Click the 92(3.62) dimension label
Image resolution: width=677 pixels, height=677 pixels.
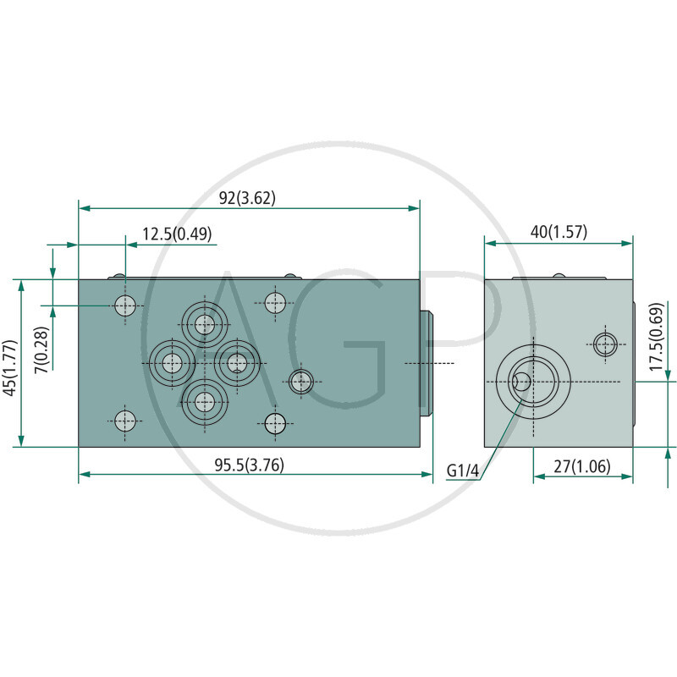247,198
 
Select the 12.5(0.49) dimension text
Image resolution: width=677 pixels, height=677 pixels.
177,234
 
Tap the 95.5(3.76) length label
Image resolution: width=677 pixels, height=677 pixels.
249,465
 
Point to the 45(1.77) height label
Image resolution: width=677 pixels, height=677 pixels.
10,367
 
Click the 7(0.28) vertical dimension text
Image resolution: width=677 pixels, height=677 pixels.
41,350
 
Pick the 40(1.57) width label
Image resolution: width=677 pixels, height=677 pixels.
559,232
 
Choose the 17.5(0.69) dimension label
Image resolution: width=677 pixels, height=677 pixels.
656,337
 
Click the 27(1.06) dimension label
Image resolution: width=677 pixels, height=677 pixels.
582,466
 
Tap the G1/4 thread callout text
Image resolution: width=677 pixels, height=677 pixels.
463,471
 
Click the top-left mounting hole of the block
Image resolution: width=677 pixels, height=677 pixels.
125,305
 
